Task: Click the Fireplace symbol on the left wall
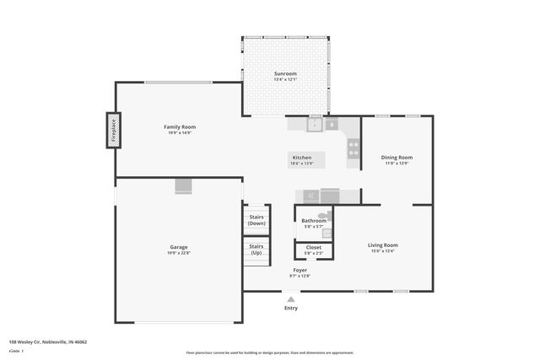(x=113, y=131)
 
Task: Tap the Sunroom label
(x=285, y=73)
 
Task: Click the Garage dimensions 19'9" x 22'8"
(x=179, y=253)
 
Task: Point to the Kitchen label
(x=302, y=158)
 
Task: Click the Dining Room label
(x=397, y=158)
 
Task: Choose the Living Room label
(x=383, y=244)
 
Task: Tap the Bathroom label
(x=314, y=220)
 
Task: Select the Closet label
(x=313, y=247)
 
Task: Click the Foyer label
(x=300, y=270)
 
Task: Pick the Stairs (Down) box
(x=256, y=220)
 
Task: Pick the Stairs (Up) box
(x=256, y=250)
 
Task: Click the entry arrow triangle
(x=290, y=298)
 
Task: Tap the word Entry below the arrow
(x=290, y=309)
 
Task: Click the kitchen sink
(x=314, y=125)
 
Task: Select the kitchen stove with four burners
(x=354, y=149)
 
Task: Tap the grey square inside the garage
(x=184, y=186)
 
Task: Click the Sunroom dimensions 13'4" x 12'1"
(x=285, y=79)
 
